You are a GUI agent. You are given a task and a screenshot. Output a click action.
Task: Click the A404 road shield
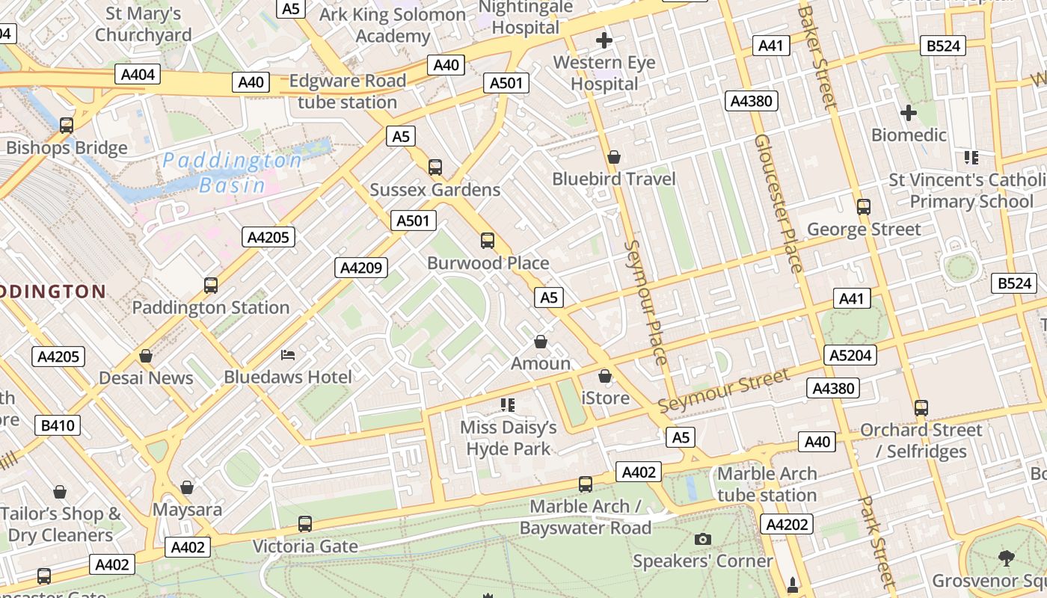138,73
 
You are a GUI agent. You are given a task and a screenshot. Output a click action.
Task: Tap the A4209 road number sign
361,268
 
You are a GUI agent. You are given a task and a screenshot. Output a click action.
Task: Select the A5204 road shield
850,355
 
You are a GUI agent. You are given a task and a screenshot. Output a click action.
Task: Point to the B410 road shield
58,426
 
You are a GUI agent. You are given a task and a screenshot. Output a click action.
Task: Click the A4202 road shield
786,524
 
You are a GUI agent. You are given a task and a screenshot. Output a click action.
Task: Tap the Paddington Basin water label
233,173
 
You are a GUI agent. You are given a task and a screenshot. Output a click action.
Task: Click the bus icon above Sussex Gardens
435,167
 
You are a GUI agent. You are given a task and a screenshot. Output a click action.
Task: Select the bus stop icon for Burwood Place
488,240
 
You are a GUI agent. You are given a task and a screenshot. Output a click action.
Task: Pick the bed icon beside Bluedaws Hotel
287,354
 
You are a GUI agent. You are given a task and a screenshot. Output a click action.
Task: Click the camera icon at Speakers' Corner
701,539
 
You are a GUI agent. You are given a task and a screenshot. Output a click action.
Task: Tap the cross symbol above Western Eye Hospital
604,40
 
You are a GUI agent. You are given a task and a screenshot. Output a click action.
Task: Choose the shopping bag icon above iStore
604,375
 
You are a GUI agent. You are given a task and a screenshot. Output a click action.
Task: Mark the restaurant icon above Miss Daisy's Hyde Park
508,405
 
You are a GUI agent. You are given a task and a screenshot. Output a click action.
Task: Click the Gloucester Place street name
778,203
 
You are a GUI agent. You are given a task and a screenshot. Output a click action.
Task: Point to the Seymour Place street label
645,302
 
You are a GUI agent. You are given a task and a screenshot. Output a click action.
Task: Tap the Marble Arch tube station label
767,484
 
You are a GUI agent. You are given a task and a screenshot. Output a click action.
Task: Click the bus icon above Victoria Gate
304,523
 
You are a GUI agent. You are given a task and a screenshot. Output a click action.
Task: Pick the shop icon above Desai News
146,355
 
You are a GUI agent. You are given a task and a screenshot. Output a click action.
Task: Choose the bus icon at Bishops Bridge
67,125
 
